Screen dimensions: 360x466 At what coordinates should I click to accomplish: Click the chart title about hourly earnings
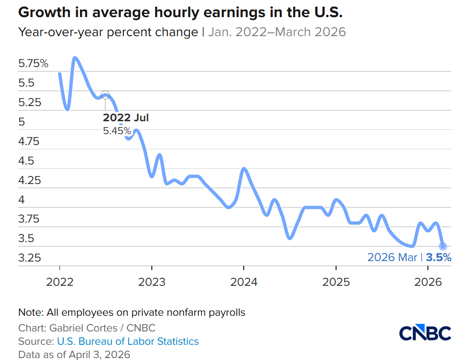click(180, 12)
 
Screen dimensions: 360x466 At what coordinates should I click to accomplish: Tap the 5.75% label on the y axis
click(33, 63)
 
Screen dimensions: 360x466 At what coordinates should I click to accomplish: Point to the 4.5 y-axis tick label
click(26, 161)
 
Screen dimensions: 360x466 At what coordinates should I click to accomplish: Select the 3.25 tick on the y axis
click(30, 258)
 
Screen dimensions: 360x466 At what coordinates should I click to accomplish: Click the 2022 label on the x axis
click(59, 282)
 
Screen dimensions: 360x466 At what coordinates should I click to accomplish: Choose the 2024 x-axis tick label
click(244, 282)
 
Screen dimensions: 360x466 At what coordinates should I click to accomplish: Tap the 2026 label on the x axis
click(427, 282)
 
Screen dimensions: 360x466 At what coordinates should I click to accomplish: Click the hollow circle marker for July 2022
click(106, 94)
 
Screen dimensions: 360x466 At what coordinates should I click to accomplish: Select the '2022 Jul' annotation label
click(126, 118)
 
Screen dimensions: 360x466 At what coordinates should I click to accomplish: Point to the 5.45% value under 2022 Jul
click(117, 130)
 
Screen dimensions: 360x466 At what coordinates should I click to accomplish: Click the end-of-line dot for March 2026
click(443, 246)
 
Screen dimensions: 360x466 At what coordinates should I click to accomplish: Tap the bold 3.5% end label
click(438, 257)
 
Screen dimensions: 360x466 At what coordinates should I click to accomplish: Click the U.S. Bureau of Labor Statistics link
click(128, 341)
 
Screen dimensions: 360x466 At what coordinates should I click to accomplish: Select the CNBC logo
click(425, 333)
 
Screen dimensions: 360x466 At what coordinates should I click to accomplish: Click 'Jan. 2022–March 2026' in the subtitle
click(277, 32)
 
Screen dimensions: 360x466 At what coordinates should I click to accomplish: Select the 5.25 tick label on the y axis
click(30, 102)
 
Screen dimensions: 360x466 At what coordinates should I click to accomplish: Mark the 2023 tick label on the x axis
click(152, 282)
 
